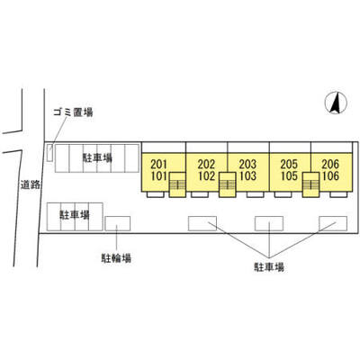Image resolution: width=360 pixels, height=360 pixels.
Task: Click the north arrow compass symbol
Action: click(336, 103)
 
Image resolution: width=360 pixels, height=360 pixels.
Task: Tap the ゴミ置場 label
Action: click(73, 112)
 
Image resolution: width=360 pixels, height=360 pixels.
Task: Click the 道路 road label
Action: click(31, 184)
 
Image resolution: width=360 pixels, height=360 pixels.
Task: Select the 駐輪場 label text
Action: click(116, 258)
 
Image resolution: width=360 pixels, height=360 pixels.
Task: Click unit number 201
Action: click(158, 164)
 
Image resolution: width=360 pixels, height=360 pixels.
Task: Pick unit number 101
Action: click(158, 176)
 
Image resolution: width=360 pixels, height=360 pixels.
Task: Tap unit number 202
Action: click(206, 164)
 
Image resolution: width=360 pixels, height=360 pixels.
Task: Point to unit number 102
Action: click(206, 176)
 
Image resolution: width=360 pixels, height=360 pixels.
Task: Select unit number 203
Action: click(247, 164)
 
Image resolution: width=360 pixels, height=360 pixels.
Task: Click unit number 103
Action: click(247, 176)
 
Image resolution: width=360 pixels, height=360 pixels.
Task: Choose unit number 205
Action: click(289, 164)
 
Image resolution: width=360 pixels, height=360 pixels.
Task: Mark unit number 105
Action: click(289, 176)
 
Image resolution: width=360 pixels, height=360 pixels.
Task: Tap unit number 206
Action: click(330, 164)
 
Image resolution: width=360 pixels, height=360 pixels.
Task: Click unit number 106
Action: click(330, 176)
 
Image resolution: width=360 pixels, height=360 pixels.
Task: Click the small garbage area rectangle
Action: click(50, 153)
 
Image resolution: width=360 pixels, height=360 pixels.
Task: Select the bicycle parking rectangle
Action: click(118, 223)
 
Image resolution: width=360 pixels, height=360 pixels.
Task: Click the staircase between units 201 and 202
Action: click(177, 184)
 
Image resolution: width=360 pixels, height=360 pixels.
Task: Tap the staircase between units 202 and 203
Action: click(227, 184)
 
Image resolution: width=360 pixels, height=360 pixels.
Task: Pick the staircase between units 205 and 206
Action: click(310, 184)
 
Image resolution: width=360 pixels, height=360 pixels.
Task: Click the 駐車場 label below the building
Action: click(269, 267)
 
